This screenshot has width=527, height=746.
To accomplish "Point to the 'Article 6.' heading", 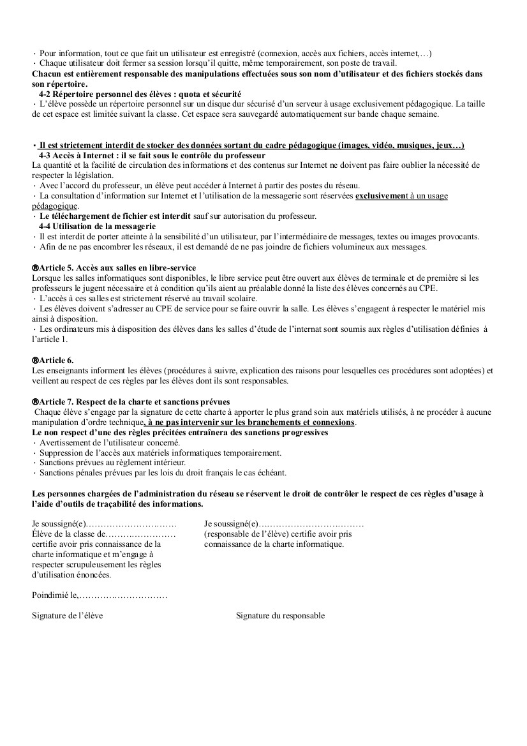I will pos(56,360).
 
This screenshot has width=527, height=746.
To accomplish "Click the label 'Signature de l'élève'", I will pos(67,616).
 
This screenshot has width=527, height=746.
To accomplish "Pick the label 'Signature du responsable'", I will pos(280,616).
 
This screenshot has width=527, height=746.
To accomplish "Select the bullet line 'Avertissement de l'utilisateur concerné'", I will pos(110,442).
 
